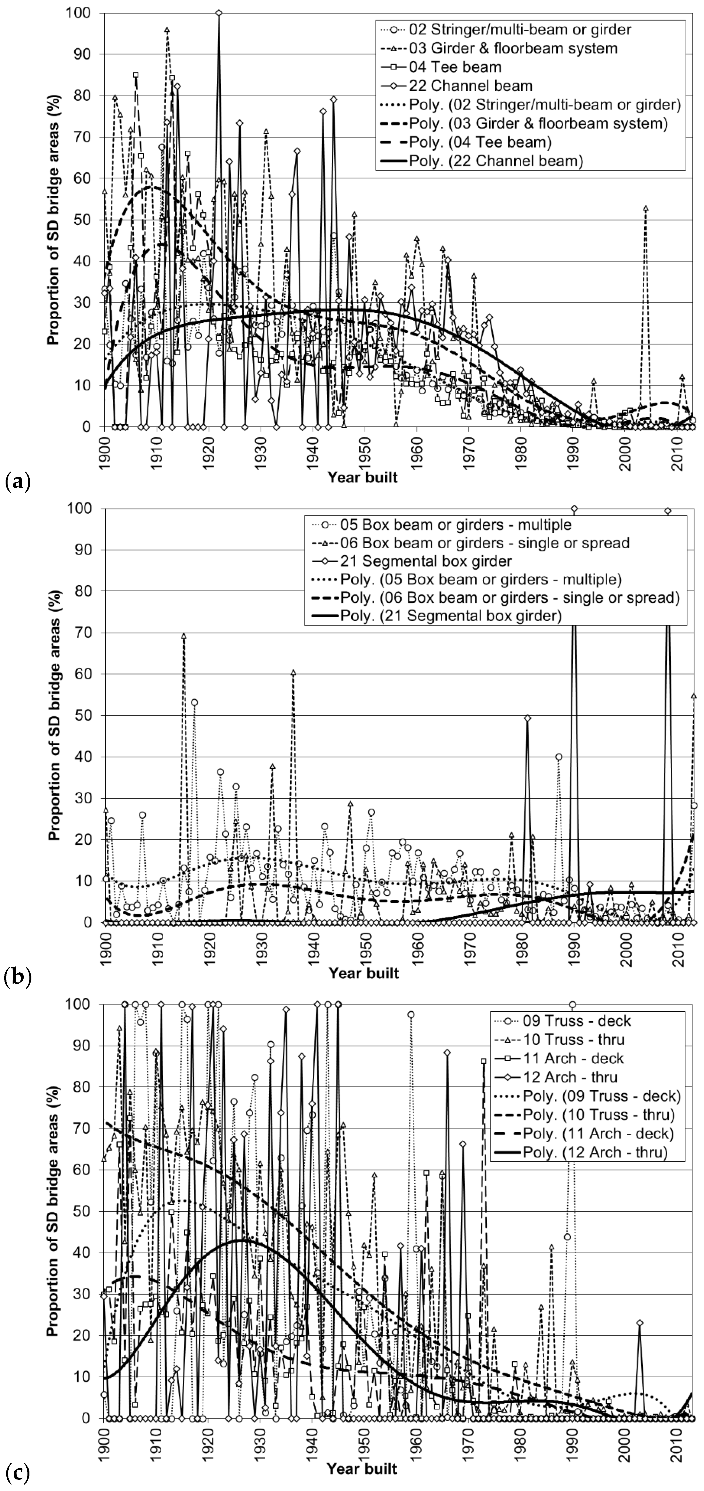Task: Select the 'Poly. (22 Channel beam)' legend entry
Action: (496, 161)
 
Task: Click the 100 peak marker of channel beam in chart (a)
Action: (218, 13)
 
